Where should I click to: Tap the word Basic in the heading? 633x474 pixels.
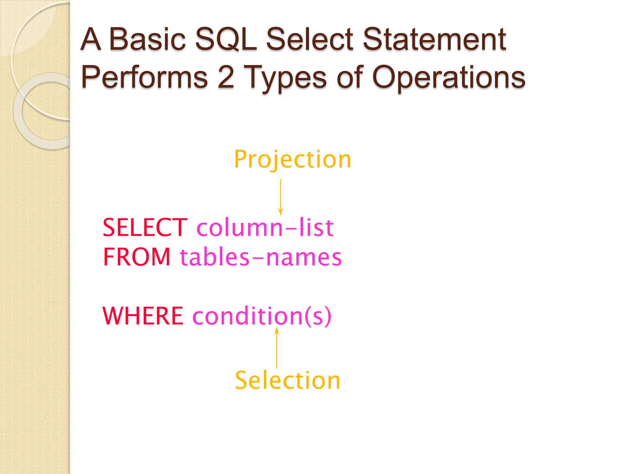coord(147,39)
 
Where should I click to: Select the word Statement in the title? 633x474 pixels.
coord(434,39)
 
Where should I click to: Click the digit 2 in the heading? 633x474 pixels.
coord(226,77)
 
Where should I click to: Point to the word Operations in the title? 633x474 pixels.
coord(448,77)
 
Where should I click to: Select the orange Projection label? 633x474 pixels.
coord(293,160)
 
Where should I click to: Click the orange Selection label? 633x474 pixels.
coord(287,380)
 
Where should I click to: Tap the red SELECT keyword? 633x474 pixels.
coord(145,228)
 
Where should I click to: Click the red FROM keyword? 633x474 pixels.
coord(137,257)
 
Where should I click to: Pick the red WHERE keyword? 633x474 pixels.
coord(143,316)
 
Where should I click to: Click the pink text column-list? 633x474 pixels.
coord(265,228)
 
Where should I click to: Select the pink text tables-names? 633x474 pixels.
coord(261,257)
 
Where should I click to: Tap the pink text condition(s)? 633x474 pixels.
coord(262,316)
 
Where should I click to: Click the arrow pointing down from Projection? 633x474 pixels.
coord(281,197)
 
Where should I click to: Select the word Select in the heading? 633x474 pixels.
coord(309,39)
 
